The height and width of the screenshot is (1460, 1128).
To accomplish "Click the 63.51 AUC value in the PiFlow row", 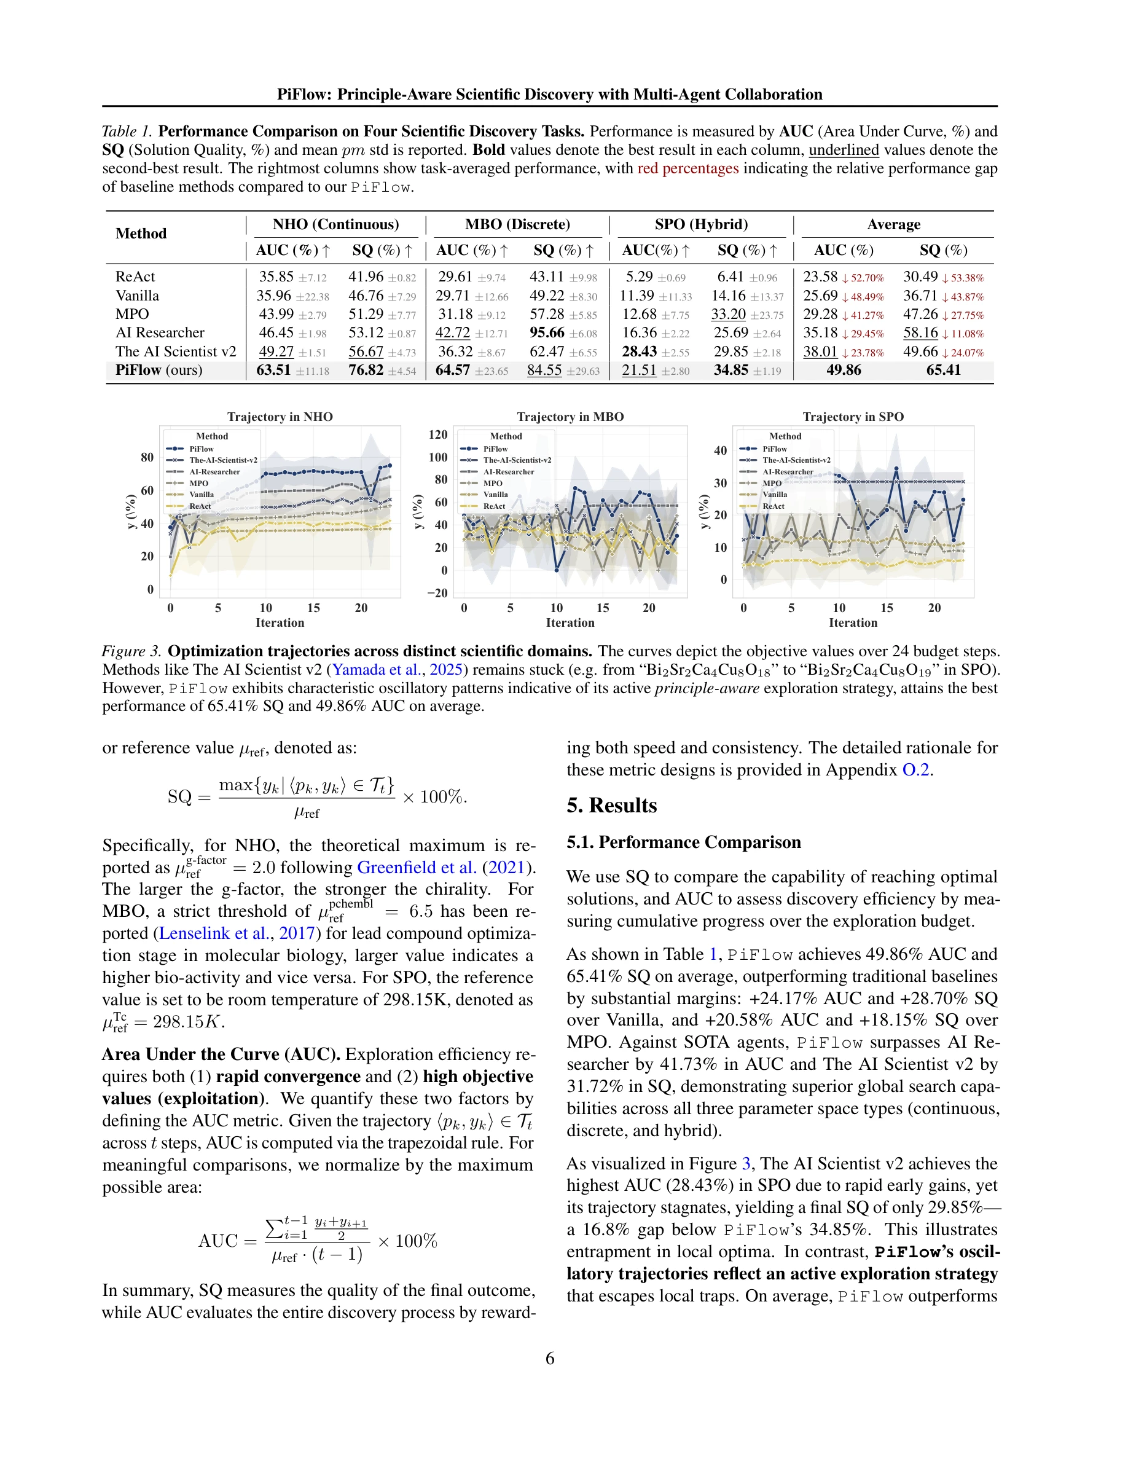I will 273,371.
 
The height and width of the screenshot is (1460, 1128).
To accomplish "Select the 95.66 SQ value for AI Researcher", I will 547,333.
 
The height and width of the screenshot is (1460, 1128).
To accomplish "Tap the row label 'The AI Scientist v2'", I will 176,351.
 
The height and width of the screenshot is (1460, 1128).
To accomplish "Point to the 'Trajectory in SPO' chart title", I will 853,417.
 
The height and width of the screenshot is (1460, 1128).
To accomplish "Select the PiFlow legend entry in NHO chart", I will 200,449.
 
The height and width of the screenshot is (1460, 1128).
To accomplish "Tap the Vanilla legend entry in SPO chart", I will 775,495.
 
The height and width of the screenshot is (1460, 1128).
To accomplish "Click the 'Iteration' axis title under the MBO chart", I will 570,623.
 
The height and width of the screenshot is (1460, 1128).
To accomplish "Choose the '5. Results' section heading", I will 611,806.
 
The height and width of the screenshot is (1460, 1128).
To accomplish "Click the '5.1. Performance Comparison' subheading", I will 683,842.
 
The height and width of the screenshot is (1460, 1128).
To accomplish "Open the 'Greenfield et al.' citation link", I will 417,868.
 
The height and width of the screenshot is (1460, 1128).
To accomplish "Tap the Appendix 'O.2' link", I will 915,770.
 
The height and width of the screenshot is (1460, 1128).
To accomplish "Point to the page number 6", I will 550,1359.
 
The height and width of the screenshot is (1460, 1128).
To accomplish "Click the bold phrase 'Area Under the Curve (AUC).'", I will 221,1054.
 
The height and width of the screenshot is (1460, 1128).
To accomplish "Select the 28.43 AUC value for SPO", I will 639,351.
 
